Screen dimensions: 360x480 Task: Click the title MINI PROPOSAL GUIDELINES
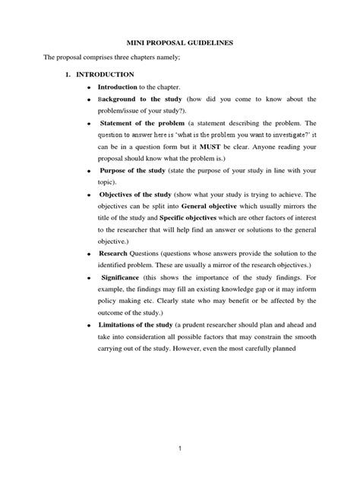click(179, 45)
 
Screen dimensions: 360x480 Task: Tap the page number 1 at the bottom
click(180, 449)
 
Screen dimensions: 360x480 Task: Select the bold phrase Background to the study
click(138, 99)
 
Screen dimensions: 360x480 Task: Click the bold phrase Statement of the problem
click(141, 123)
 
